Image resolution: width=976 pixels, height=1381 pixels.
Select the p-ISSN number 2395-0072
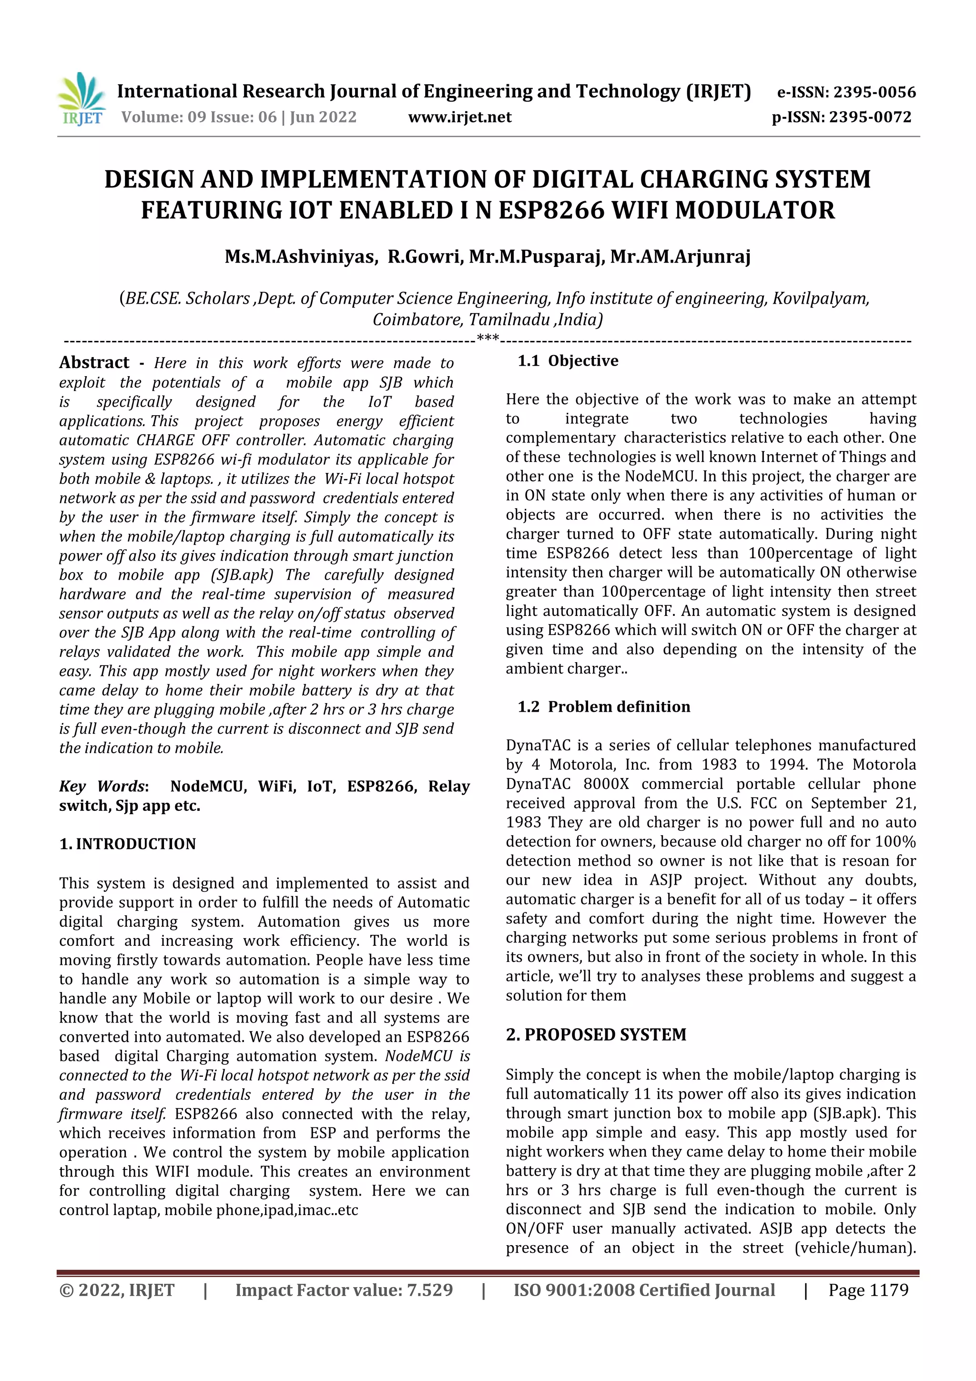(x=870, y=117)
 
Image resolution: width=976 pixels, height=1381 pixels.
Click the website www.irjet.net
(x=459, y=117)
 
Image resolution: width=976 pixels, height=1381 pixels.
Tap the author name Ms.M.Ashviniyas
(x=301, y=257)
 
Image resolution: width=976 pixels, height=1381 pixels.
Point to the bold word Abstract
(x=94, y=362)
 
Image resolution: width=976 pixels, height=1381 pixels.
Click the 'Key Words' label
(x=102, y=786)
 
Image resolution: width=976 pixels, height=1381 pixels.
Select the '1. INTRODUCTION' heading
(x=128, y=844)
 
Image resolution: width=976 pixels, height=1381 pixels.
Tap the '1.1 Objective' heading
(x=568, y=361)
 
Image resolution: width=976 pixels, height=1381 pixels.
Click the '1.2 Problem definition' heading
(x=604, y=707)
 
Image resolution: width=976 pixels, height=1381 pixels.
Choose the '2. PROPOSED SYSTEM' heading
(x=596, y=1034)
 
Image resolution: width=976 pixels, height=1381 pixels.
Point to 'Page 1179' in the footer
(x=868, y=1290)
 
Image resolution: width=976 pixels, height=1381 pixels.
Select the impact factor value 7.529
(x=429, y=1290)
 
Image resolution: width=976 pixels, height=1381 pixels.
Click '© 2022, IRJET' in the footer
(x=117, y=1290)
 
